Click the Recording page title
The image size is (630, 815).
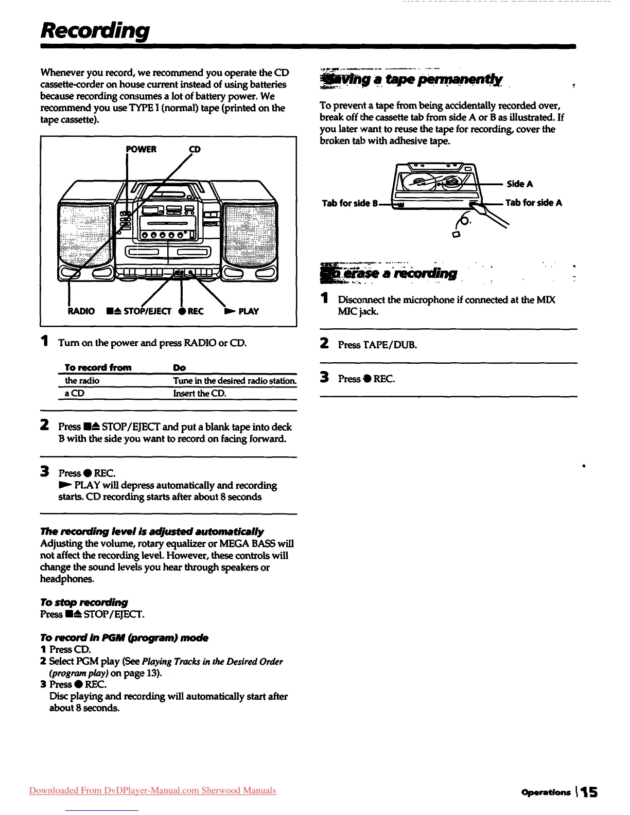[95, 31]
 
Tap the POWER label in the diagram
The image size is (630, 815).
[142, 149]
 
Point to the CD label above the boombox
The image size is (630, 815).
[195, 149]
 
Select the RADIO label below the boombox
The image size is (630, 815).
[81, 311]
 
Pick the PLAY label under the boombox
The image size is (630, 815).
[248, 311]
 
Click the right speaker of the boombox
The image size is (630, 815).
[251, 234]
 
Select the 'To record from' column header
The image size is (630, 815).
[98, 367]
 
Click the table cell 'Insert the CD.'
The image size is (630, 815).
[200, 394]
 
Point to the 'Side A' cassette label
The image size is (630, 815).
[520, 184]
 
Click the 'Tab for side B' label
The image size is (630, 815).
[350, 203]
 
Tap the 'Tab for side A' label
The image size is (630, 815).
[534, 203]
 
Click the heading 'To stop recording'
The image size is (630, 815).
[84, 602]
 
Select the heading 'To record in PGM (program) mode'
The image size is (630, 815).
[124, 637]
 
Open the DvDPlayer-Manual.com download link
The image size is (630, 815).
[152, 790]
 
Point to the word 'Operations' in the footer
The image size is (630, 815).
[546, 792]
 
